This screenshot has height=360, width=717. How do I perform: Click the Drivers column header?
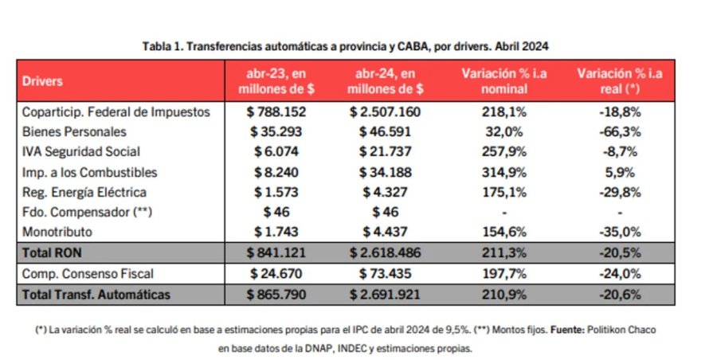pos(43,81)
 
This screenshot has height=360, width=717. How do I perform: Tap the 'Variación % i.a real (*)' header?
pos(620,81)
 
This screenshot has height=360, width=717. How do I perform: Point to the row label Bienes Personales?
pos(74,131)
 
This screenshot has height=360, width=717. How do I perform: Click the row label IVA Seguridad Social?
pos(81,151)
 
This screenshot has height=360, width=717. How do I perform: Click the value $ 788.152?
pos(276,112)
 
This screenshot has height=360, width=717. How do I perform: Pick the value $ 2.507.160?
pos(386,112)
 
